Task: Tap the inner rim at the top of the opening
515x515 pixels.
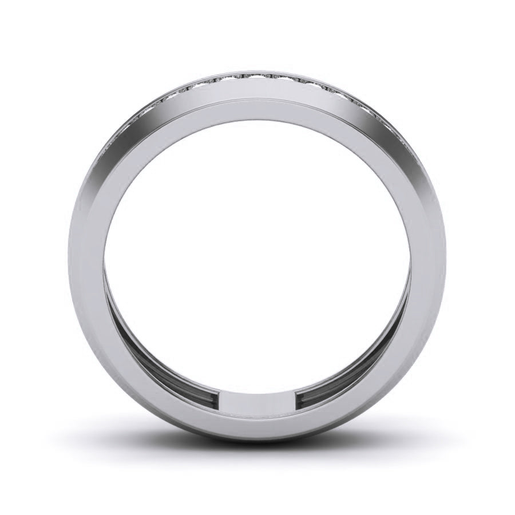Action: coord(257,116)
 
